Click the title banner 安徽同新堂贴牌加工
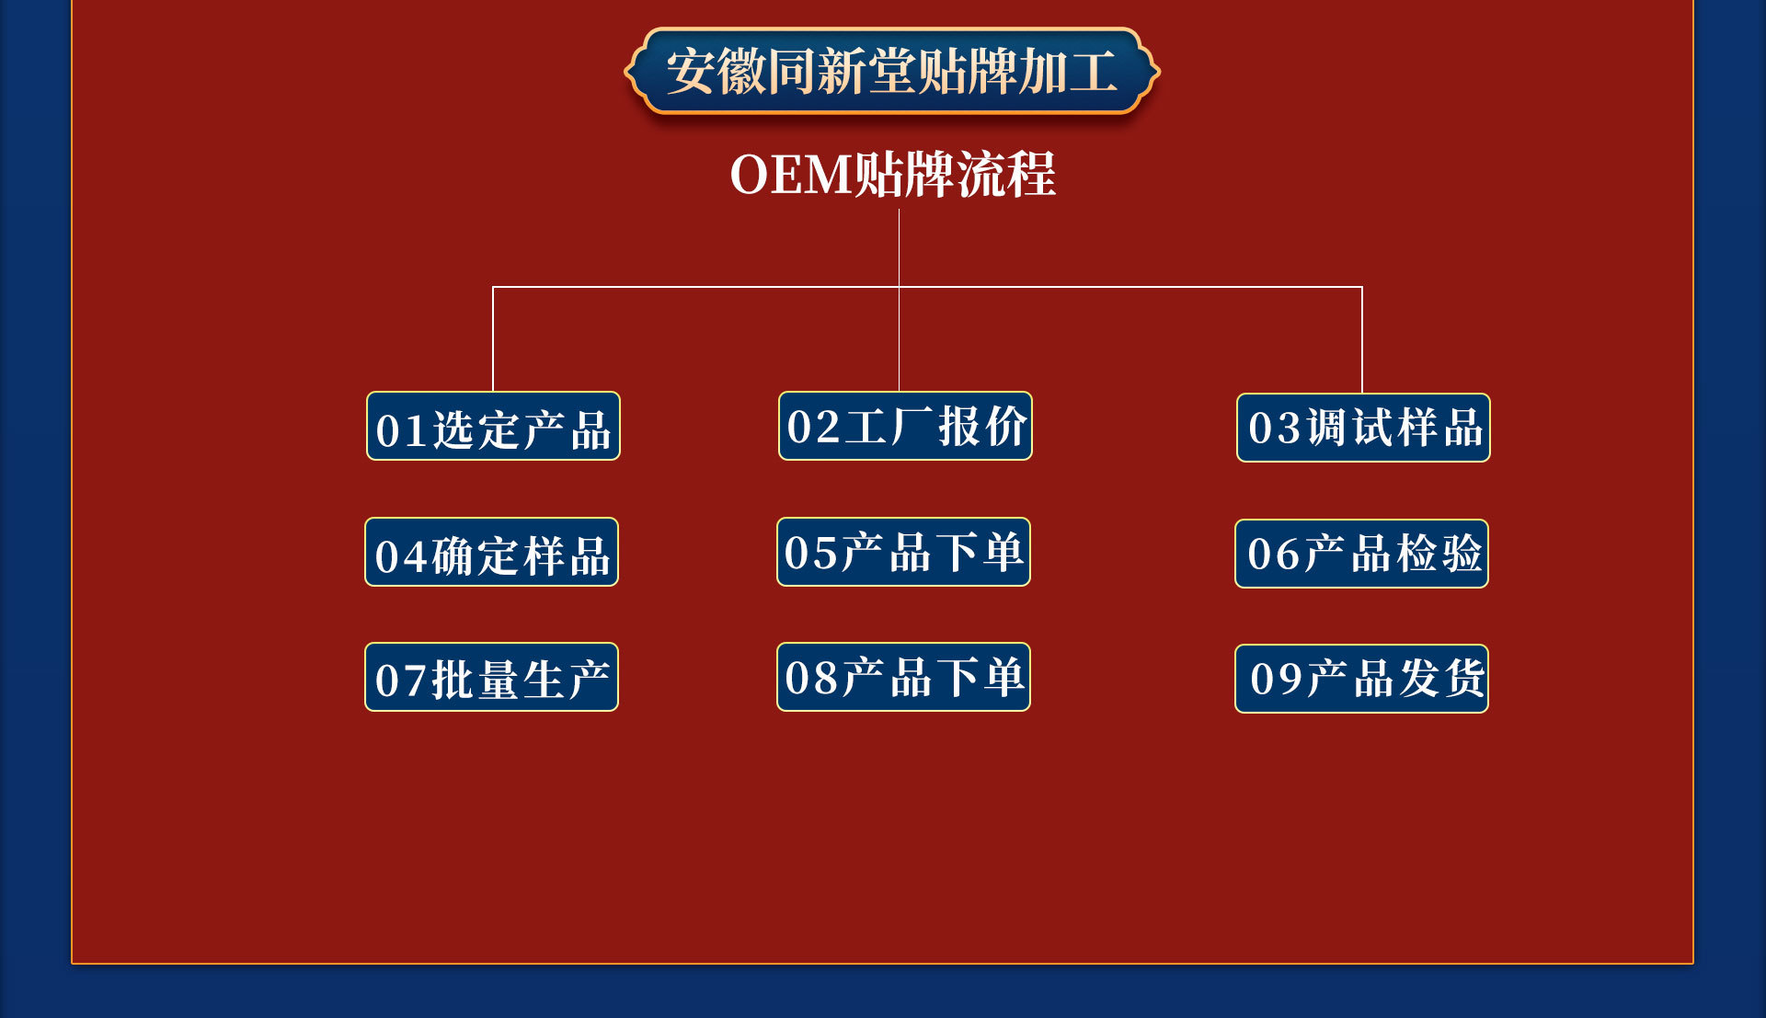(891, 72)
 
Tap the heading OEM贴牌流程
(891, 174)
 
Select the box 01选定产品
(493, 427)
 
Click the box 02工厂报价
(905, 427)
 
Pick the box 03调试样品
(1363, 428)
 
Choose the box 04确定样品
(491, 553)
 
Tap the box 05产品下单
(903, 553)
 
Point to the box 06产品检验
(1361, 554)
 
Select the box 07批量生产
(491, 678)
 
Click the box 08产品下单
(903, 678)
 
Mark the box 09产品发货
(1361, 679)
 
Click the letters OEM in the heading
(791, 174)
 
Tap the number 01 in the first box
(401, 430)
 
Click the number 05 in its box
(811, 554)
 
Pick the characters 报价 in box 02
(982, 427)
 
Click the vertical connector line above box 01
(493, 338)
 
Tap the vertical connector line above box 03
(1361, 339)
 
